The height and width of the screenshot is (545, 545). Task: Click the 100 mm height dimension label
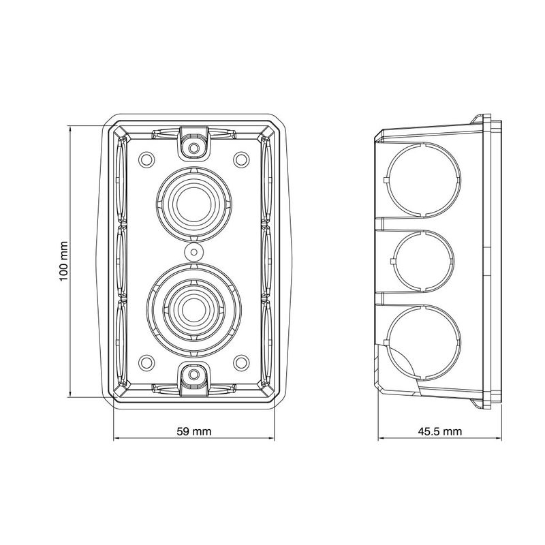point(63,262)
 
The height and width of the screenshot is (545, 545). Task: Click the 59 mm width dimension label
point(194,431)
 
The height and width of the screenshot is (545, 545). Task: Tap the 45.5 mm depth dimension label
point(440,431)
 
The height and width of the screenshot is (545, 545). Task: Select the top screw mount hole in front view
point(194,149)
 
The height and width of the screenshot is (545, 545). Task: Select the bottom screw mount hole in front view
point(194,374)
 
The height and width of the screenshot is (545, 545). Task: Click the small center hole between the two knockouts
point(194,251)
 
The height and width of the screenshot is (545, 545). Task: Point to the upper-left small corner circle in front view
point(146,159)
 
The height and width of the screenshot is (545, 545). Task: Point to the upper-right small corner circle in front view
point(241,159)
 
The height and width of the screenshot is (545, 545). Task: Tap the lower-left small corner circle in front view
point(146,362)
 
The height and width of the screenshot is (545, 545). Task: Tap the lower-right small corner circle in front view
point(241,362)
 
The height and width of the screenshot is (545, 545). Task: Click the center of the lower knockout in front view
point(194,310)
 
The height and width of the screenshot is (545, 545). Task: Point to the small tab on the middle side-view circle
point(392,261)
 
